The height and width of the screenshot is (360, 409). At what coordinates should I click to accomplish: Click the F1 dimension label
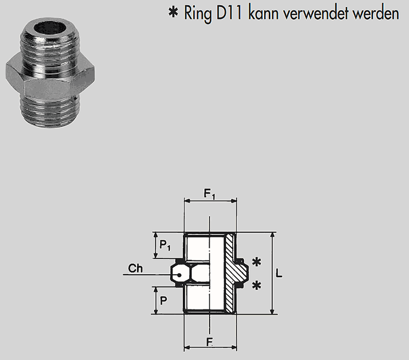pyautogui.click(x=210, y=194)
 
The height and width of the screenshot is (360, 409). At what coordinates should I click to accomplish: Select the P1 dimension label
pyautogui.click(x=165, y=246)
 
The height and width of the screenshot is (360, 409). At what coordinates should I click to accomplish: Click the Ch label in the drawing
pyautogui.click(x=135, y=269)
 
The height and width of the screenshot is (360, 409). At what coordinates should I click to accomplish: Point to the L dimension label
pyautogui.click(x=279, y=273)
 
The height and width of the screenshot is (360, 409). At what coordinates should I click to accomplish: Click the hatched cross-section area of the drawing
pyautogui.click(x=234, y=266)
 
